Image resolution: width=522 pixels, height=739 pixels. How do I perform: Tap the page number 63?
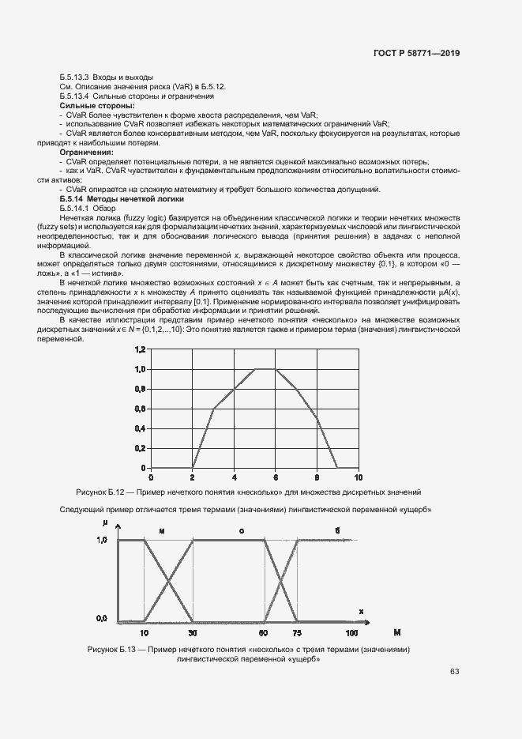pos(454,672)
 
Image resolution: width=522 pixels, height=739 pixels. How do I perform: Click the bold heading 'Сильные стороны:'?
pos(96,105)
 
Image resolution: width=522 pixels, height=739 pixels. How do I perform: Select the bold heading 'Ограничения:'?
pos(86,151)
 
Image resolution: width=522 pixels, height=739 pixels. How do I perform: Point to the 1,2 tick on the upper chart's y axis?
pos(140,349)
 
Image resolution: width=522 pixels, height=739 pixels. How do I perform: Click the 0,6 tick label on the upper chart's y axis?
pos(140,409)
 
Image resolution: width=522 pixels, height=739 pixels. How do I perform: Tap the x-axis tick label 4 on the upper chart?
pos(234,477)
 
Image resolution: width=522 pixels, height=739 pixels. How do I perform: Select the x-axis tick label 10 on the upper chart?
pos(358,477)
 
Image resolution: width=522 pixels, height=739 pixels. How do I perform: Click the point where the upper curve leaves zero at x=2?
pos(193,468)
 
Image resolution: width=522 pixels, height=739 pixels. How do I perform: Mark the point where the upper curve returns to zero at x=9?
pos(337,468)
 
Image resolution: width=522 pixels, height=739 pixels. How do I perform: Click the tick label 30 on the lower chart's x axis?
pos(193,632)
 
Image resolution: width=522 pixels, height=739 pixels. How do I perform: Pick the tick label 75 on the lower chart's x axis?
pos(297,632)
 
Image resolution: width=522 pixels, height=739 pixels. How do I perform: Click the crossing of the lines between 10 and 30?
pos(168,581)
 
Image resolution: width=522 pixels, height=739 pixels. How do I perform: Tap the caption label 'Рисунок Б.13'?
pos(116,649)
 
